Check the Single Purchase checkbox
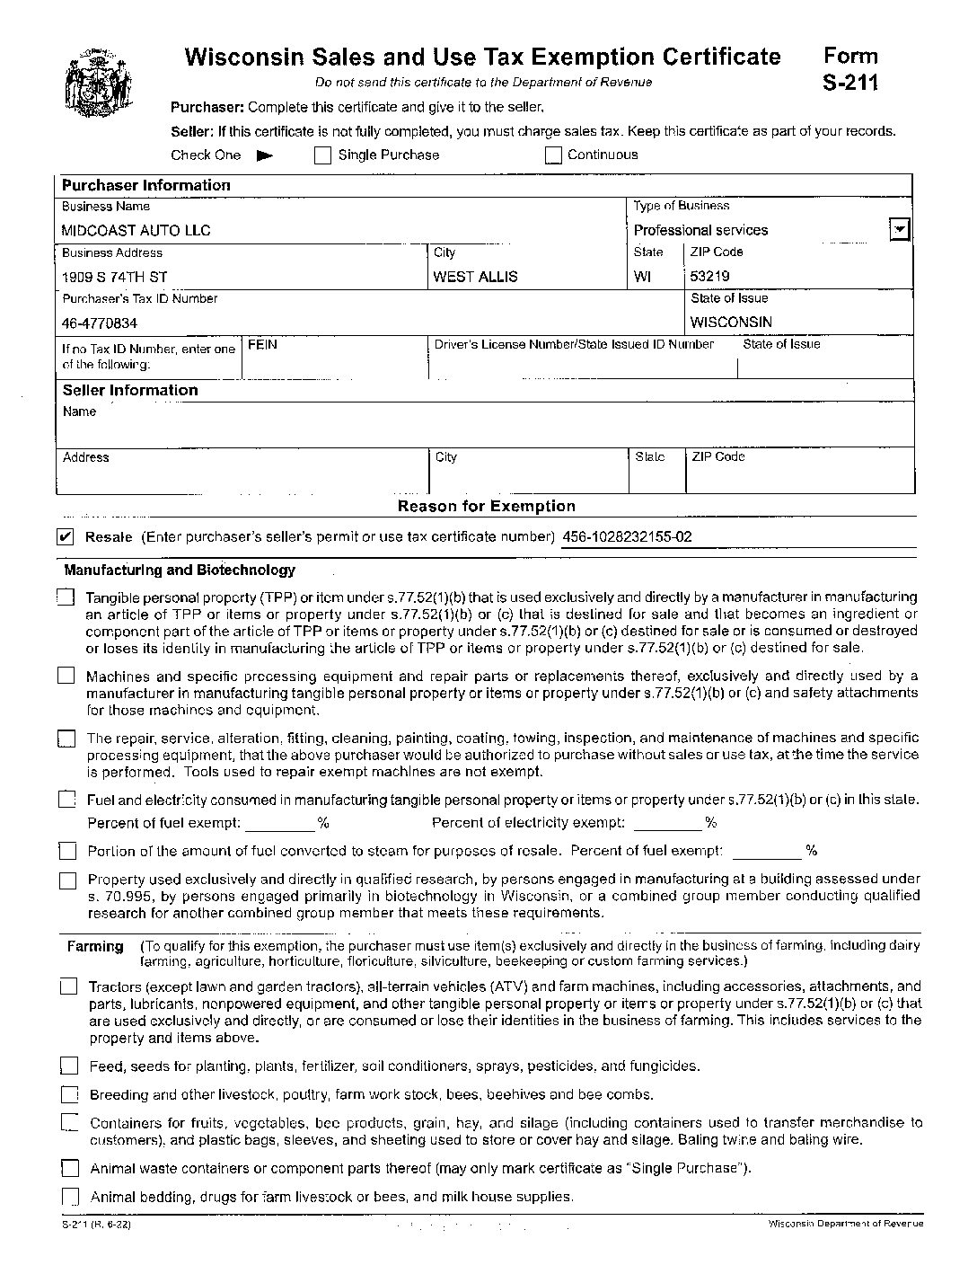point(323,155)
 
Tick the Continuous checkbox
point(553,155)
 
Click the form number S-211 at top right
point(849,83)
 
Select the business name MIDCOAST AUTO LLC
point(136,231)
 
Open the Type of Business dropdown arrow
point(899,230)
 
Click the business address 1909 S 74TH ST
point(114,277)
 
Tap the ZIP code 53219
point(709,277)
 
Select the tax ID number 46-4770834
point(100,323)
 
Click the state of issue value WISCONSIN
point(731,323)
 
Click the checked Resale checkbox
point(66,537)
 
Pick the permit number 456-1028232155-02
point(627,537)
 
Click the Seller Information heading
point(130,390)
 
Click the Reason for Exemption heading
point(487,506)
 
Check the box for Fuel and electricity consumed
point(67,800)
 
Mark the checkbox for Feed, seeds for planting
point(69,1066)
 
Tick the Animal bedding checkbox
point(70,1197)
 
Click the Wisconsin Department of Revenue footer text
point(845,1225)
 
